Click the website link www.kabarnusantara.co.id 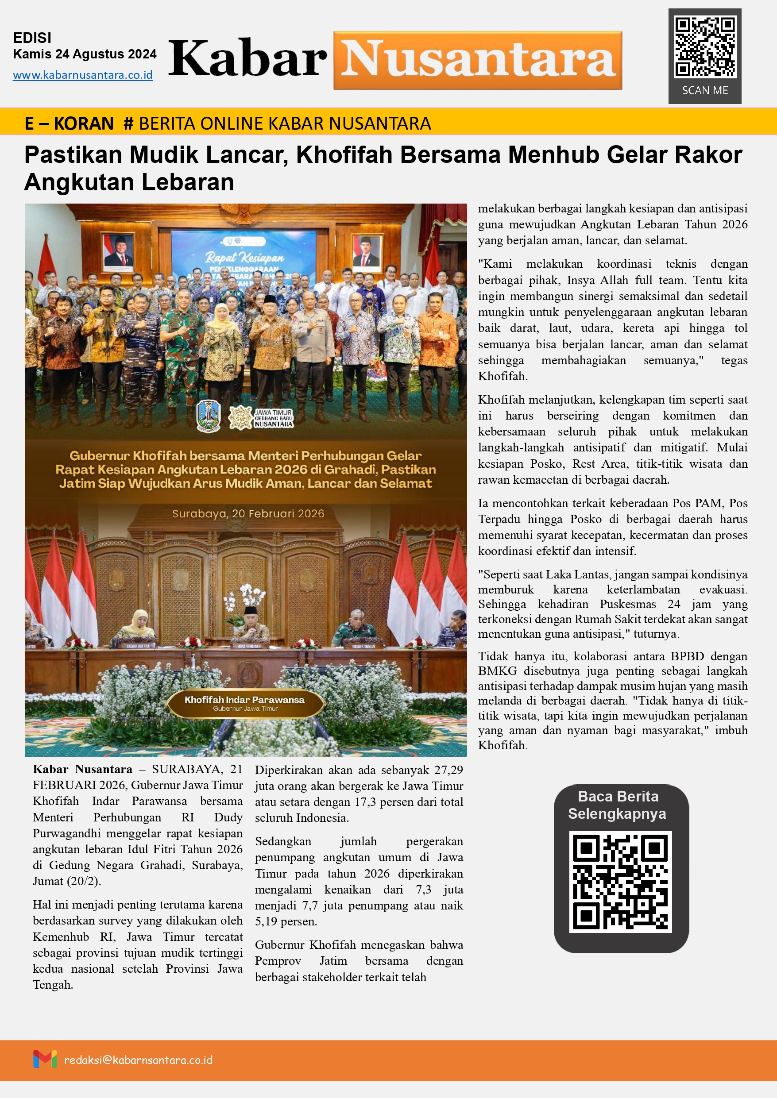[x=83, y=75]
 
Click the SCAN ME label [x=705, y=90]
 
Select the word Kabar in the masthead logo [x=247, y=59]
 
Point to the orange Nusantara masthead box [x=478, y=60]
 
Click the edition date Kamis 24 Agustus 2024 [x=85, y=54]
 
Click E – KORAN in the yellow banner [x=69, y=123]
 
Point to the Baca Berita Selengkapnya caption [x=618, y=805]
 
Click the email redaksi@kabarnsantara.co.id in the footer [x=138, y=1060]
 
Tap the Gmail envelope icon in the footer [x=45, y=1059]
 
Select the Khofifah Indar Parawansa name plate [x=245, y=703]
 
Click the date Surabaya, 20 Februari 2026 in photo [x=248, y=514]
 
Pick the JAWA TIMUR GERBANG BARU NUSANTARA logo [x=261, y=417]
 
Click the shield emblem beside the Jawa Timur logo [x=209, y=416]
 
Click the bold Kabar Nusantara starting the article [x=82, y=769]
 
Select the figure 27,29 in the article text [x=448, y=770]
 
